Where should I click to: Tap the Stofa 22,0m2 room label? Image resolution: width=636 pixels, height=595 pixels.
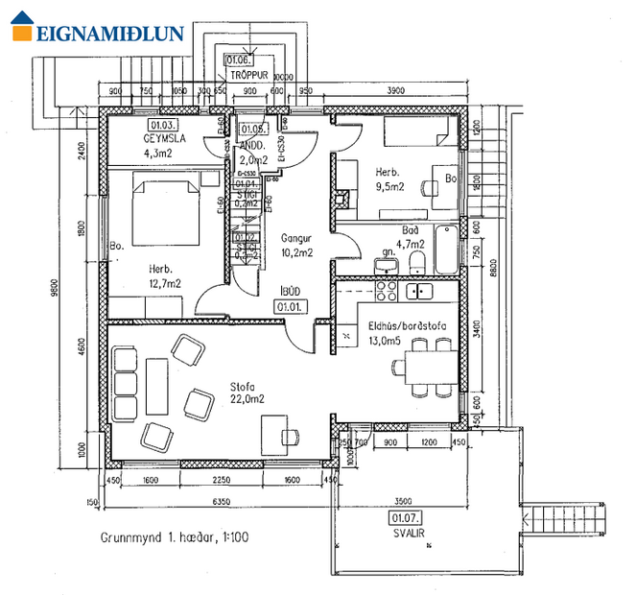point(247,393)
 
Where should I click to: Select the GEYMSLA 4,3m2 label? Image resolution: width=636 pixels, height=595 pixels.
point(164,145)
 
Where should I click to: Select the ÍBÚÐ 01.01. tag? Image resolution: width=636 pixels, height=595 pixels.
point(288,299)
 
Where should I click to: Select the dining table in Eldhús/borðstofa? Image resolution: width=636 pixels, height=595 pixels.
point(429,366)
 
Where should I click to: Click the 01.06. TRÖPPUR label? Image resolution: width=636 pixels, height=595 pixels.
point(247,64)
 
